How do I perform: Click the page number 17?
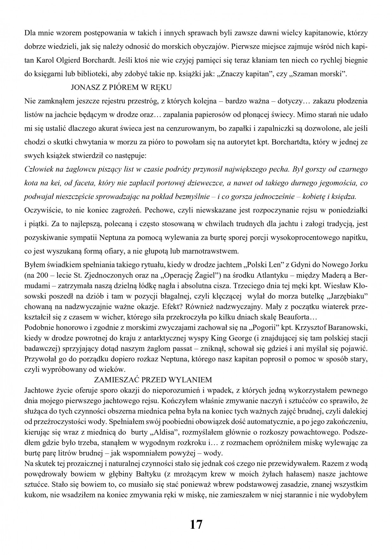pos(196,525)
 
